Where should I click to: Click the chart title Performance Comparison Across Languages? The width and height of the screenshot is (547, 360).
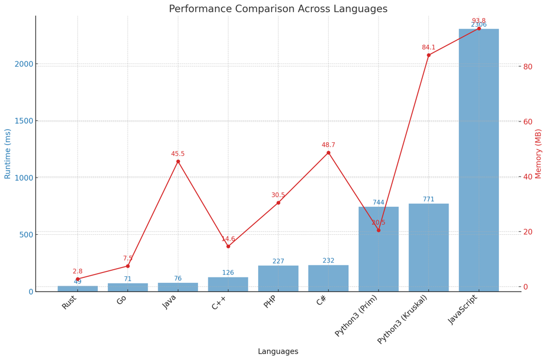278,9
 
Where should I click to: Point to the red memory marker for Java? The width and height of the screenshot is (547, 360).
178,161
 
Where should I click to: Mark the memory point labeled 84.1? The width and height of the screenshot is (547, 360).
428,55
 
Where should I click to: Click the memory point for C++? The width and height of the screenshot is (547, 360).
228,246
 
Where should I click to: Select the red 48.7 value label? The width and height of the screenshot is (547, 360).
328,145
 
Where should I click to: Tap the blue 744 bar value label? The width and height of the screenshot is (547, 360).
379,202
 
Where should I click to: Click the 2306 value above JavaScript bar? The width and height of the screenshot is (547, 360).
479,25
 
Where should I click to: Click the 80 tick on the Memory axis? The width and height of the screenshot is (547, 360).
528,67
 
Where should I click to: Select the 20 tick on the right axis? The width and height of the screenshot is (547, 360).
528,232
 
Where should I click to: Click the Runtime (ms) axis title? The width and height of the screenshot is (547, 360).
8,154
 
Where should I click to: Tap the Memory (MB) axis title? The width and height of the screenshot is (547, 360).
539,154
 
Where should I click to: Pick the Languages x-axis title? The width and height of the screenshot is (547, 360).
278,352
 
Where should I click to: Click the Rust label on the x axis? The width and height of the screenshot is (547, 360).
69,301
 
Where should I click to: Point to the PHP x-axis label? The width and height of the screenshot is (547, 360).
270,301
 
